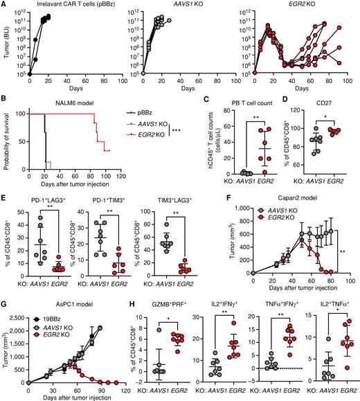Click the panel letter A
click(x=5, y=5)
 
